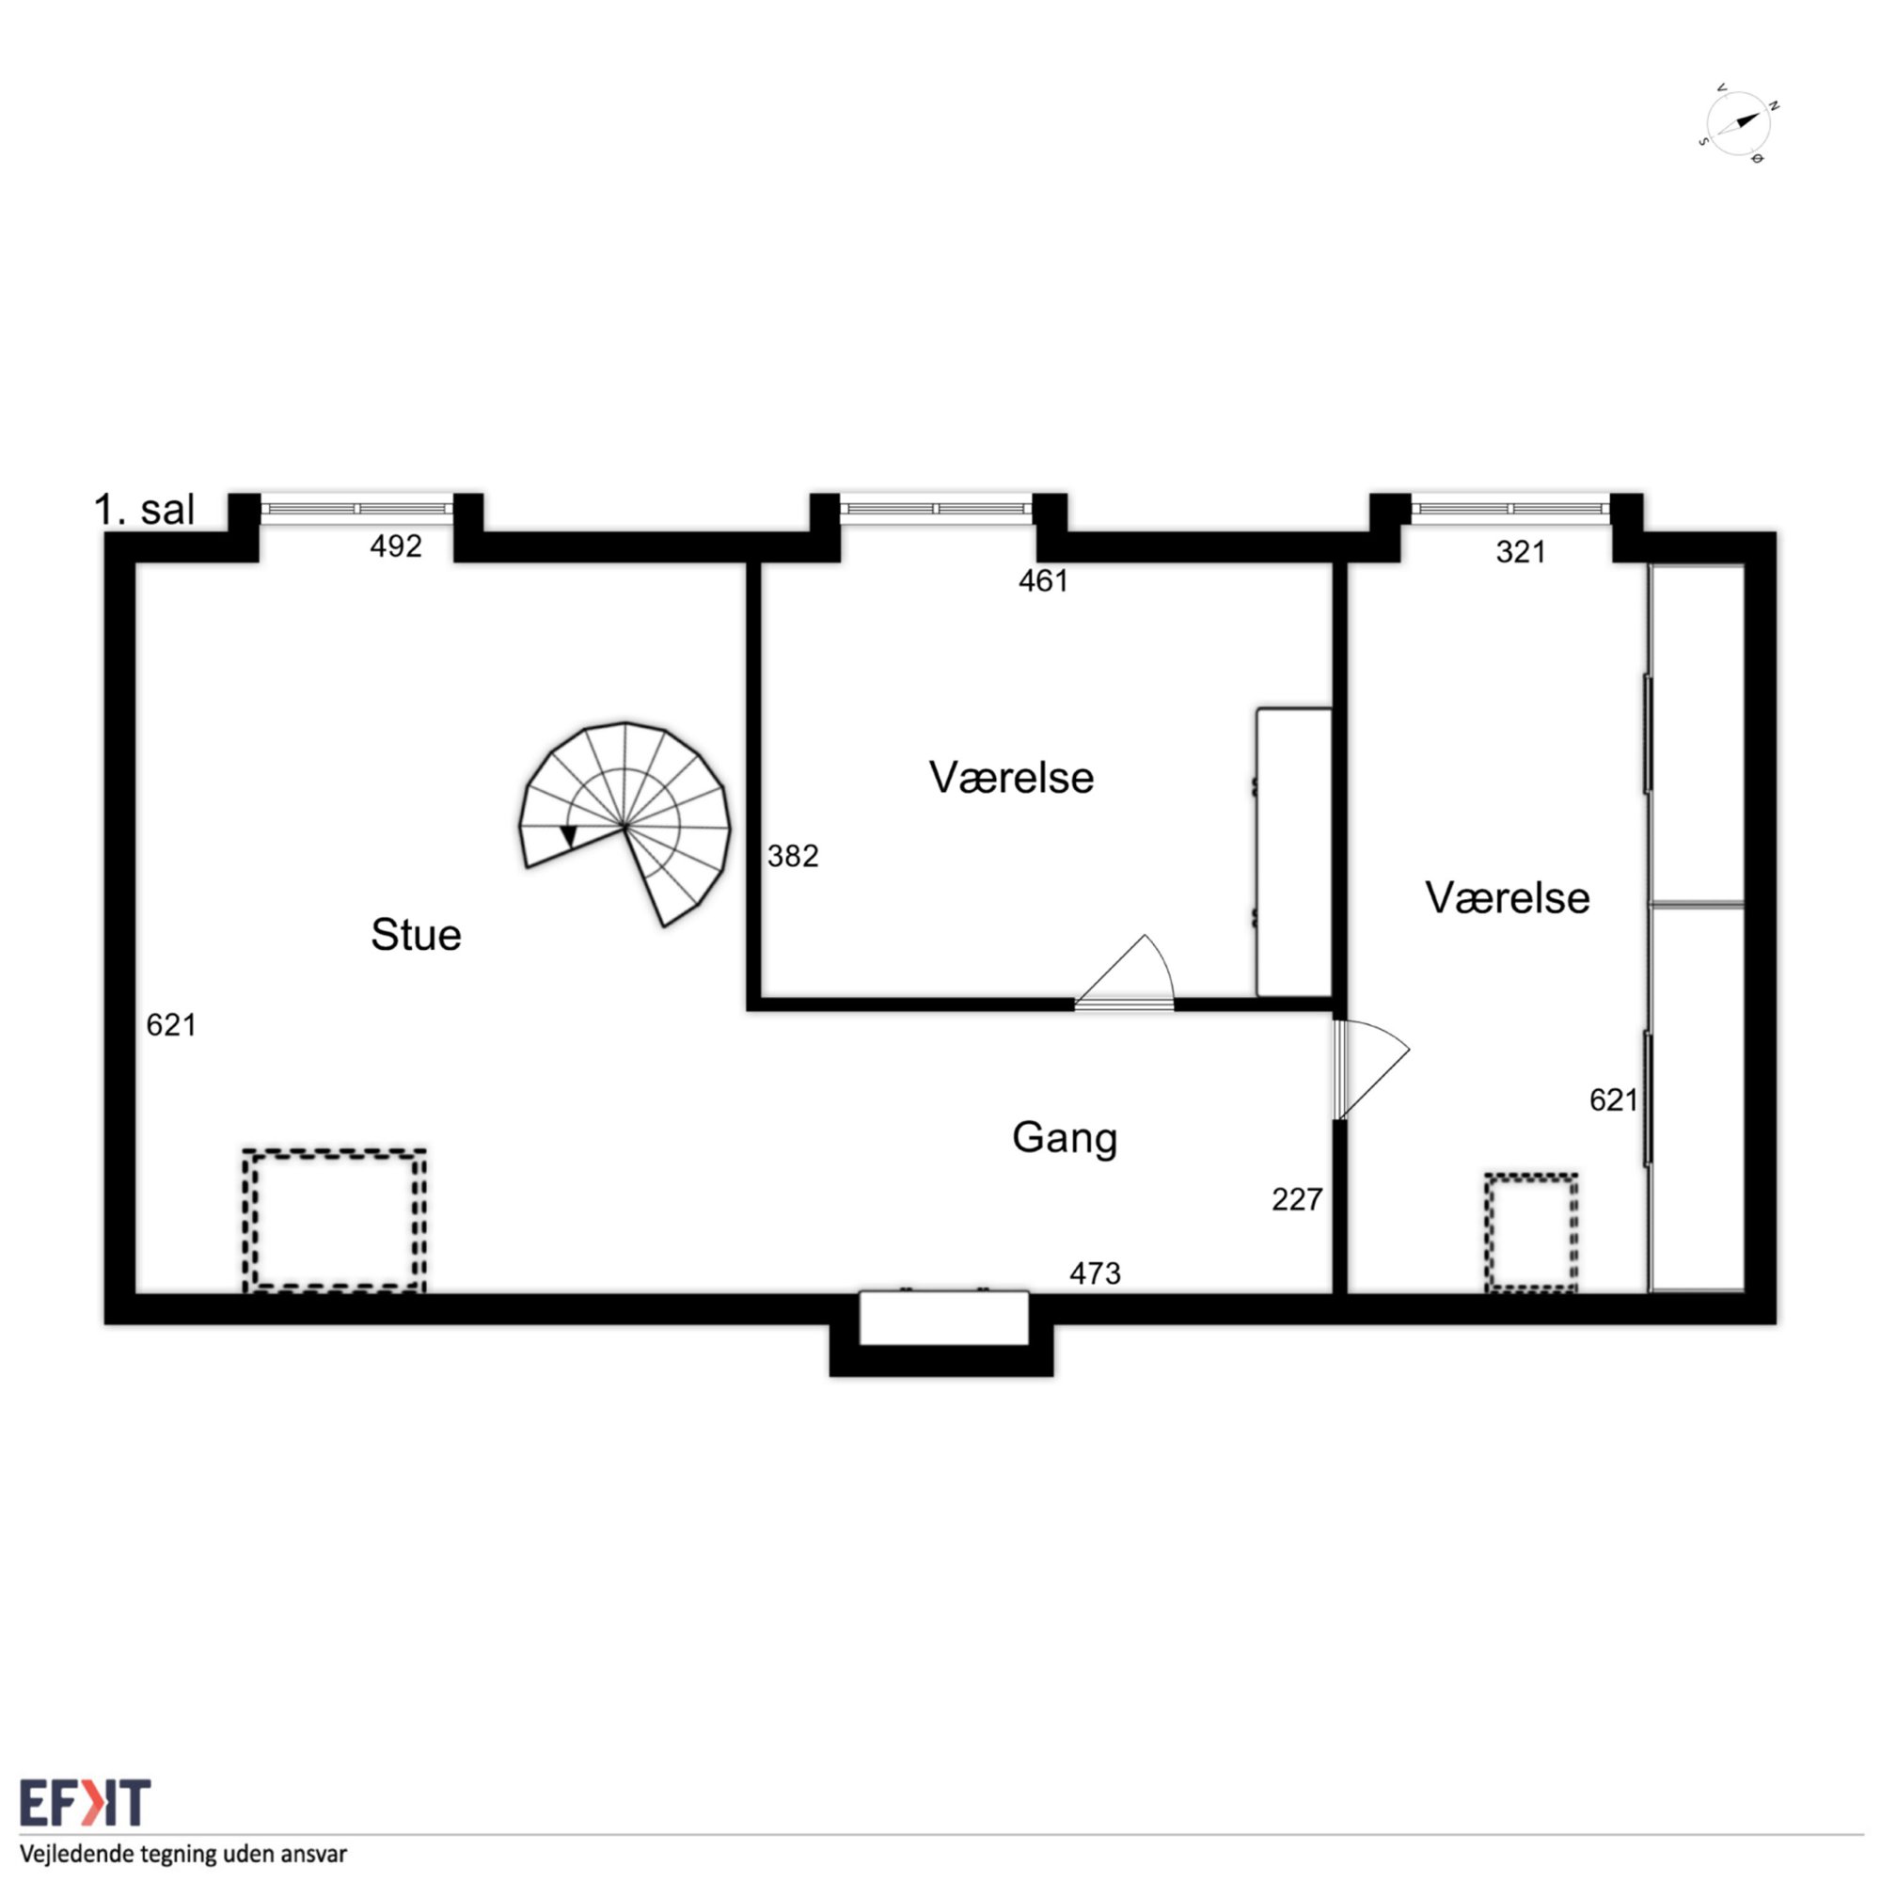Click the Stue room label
[x=416, y=935]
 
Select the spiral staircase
[x=625, y=824]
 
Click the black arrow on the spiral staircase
[x=569, y=836]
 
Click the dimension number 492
[x=396, y=546]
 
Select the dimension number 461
[x=1044, y=581]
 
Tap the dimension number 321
[x=1521, y=552]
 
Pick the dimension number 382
[x=793, y=856]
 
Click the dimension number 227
[x=1297, y=1199]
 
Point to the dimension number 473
[x=1096, y=1273]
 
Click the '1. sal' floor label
[x=144, y=510]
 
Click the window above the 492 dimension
[x=356, y=508]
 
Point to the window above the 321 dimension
[x=1510, y=508]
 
